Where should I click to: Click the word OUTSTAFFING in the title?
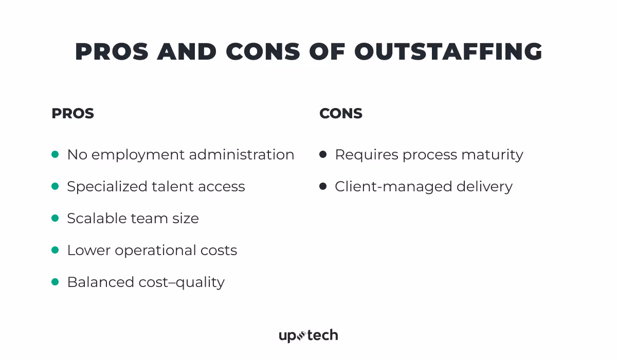[x=448, y=52]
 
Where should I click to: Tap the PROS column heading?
[x=72, y=113]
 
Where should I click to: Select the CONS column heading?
[x=341, y=113]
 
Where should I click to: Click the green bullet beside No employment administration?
[x=55, y=154]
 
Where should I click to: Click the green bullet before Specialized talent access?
[x=55, y=186]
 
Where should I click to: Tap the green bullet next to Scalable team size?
[x=55, y=218]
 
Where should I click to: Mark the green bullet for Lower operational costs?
[x=55, y=250]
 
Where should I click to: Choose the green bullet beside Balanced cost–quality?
[x=55, y=282]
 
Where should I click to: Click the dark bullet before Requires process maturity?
[x=323, y=154]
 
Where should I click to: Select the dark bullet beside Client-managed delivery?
[x=323, y=186]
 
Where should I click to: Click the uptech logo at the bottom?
[x=308, y=336]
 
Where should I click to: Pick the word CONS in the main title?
[x=263, y=52]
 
